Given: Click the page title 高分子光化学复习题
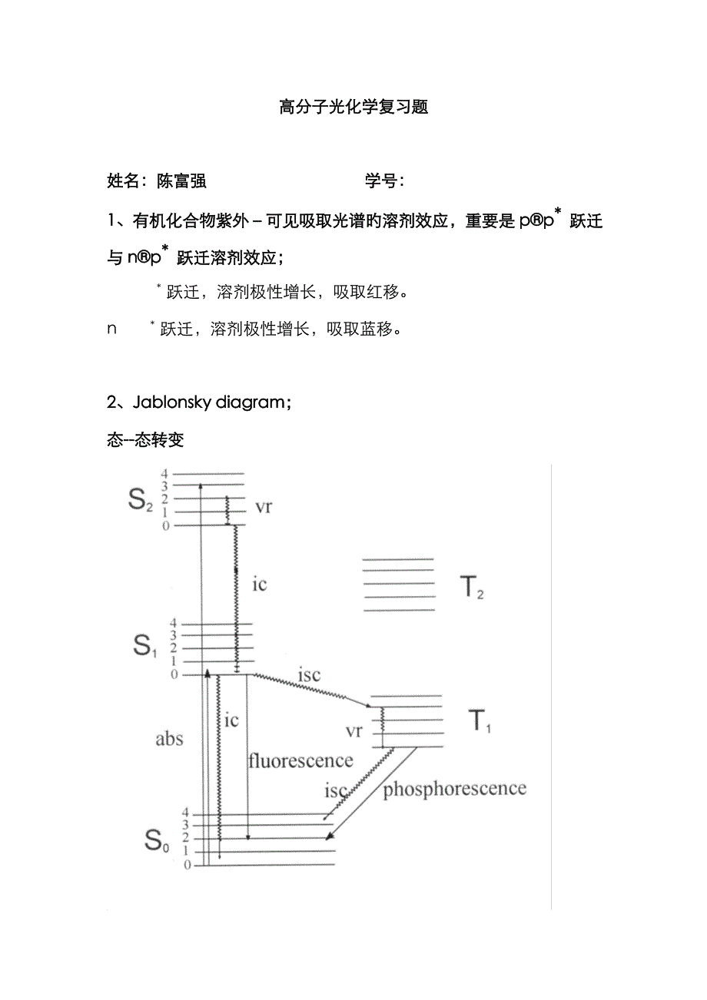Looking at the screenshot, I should click(353, 108).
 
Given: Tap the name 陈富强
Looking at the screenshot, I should click(181, 182).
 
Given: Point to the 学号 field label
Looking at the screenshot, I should click(381, 182).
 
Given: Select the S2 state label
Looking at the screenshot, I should click(141, 502).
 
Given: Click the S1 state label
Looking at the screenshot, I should click(142, 647).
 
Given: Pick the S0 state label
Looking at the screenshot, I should click(156, 842).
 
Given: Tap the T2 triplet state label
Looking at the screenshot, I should click(472, 588).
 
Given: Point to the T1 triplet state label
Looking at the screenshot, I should click(480, 721).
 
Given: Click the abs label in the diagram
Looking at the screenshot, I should click(169, 739).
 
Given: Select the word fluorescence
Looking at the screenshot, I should click(300, 761).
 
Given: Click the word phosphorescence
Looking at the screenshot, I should click(454, 789).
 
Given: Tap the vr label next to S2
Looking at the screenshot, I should click(263, 507).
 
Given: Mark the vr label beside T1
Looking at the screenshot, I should click(353, 731).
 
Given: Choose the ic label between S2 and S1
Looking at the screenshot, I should click(260, 584).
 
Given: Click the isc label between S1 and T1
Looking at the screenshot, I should click(307, 676).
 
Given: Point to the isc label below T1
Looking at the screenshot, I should click(336, 790).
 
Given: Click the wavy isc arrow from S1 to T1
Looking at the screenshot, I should click(311, 689).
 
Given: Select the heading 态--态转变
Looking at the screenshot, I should click(145, 441).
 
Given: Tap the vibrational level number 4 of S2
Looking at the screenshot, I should click(164, 474).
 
